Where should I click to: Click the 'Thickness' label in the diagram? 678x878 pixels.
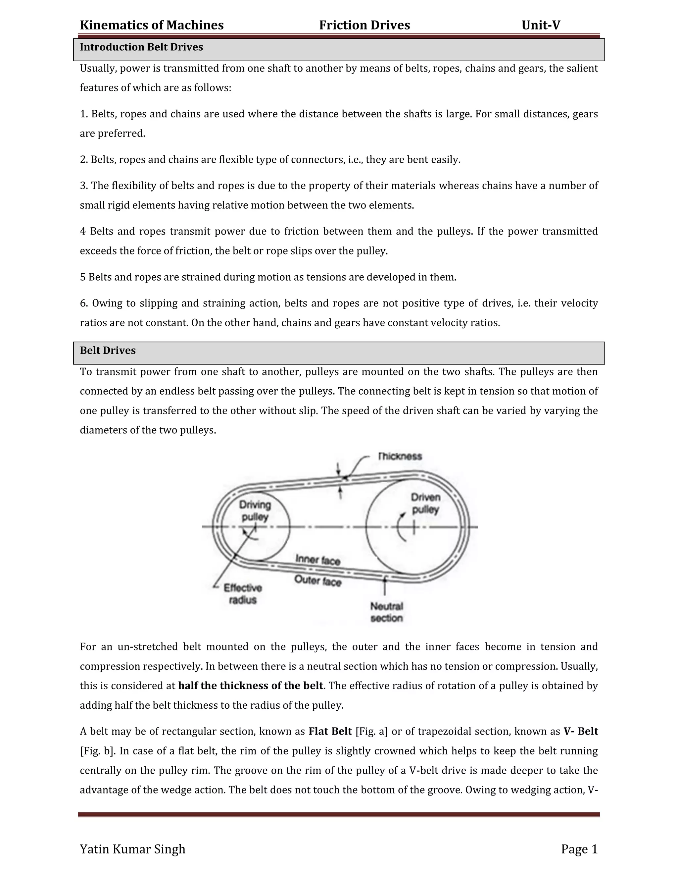tap(400, 456)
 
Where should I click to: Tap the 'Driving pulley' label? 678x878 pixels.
tap(255, 511)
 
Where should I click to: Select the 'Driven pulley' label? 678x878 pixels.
tap(426, 503)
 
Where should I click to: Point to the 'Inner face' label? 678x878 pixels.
tap(318, 560)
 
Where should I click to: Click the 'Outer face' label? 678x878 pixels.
tap(318, 580)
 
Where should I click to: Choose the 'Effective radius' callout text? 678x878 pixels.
tap(243, 594)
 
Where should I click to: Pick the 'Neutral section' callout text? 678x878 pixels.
tap(386, 612)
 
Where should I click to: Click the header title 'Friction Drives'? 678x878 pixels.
tap(364, 25)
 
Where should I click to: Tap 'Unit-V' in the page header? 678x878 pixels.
tap(541, 25)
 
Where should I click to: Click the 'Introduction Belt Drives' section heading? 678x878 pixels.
tap(141, 47)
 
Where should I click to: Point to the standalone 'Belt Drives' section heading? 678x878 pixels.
tap(108, 351)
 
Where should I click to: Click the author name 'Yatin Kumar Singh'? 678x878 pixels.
tap(132, 849)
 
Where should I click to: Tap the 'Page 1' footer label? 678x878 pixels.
tap(579, 849)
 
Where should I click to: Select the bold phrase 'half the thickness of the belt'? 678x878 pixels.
tap(251, 686)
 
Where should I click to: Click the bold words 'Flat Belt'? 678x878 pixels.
tap(330, 731)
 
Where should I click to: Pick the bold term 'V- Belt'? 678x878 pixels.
tap(581, 731)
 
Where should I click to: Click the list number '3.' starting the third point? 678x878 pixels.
tap(84, 186)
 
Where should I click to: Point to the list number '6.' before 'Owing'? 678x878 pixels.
tap(84, 303)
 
